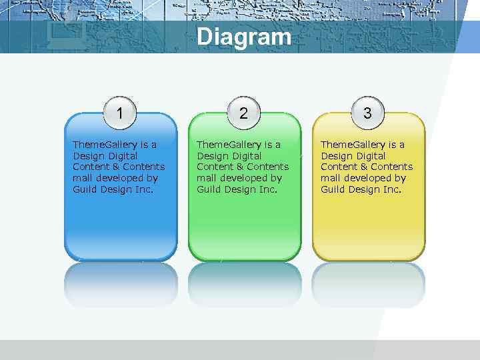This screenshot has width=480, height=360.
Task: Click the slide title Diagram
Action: pos(244,37)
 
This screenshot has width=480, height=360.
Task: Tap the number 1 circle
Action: pos(120,113)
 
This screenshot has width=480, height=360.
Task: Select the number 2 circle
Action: pos(243,113)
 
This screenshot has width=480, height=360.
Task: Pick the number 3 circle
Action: pos(367,113)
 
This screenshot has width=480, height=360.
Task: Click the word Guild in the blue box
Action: pos(85,189)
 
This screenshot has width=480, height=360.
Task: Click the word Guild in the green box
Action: pos(209,189)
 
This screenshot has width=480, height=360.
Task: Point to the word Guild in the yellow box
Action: pos(333,189)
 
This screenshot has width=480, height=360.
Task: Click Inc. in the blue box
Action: pos(144,189)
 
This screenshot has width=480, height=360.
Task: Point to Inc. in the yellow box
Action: pos(392,189)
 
